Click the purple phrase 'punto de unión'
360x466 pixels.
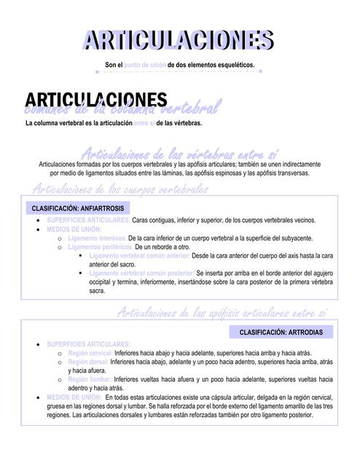145,66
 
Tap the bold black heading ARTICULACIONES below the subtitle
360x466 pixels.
95,100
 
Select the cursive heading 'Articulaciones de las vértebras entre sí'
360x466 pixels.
179,154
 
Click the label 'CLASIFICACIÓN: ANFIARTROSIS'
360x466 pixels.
74,208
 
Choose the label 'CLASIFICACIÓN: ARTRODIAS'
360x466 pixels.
285,331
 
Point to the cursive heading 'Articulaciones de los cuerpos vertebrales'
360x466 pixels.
120,189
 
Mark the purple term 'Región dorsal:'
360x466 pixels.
88,362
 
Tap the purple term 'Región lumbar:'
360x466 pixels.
90,379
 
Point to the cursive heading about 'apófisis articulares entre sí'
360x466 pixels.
222,313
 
